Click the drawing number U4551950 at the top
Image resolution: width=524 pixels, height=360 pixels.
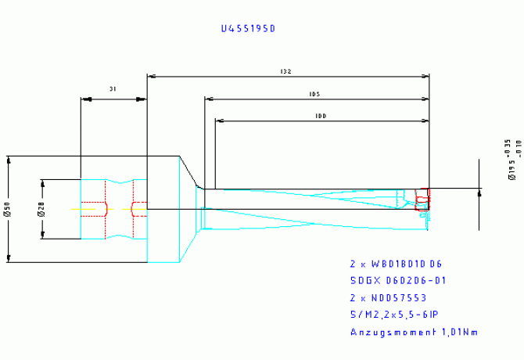[249, 28]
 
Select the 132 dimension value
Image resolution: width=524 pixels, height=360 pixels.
[286, 71]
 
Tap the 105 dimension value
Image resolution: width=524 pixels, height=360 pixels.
[315, 94]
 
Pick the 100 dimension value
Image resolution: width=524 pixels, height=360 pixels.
[320, 116]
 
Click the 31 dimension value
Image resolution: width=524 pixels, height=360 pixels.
[113, 90]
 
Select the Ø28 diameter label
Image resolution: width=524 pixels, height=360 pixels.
[39, 209]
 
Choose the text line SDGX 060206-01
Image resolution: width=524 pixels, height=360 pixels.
[398, 281]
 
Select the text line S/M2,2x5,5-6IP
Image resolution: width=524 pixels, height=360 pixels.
[394, 315]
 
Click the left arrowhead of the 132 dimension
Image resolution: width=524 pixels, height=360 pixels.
[152, 77]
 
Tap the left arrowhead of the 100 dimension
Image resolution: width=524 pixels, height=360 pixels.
[220, 121]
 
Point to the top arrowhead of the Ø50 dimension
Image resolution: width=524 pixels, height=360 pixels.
[9, 160]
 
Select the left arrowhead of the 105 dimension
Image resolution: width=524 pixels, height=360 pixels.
[209, 99]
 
